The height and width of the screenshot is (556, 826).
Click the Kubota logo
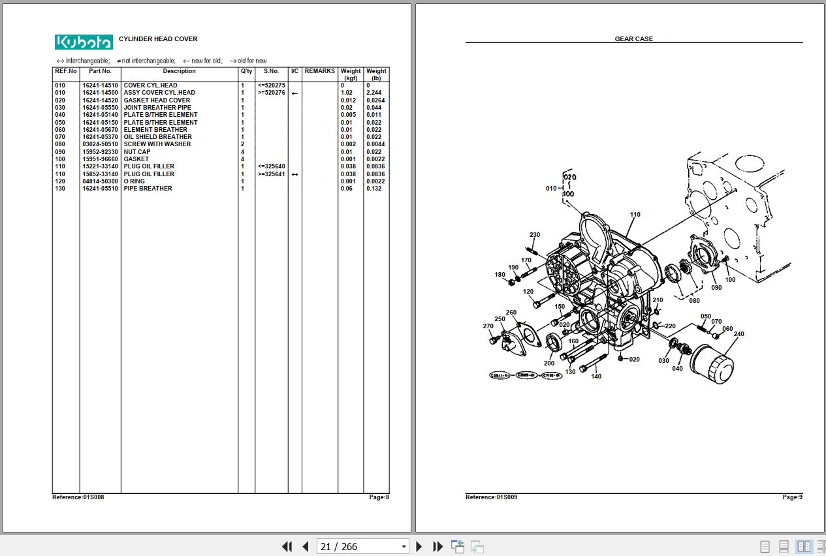click(84, 42)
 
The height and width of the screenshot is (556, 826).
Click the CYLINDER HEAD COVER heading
click(158, 39)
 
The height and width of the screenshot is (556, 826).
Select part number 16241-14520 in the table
click(100, 100)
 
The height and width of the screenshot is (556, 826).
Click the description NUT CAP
click(137, 152)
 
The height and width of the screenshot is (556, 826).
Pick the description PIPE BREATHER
click(148, 189)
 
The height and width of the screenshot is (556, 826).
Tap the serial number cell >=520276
click(271, 93)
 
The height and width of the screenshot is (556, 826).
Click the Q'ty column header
click(246, 71)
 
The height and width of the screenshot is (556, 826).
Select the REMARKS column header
click(319, 71)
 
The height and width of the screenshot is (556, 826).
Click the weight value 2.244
click(374, 93)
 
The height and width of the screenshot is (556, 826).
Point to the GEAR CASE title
click(633, 39)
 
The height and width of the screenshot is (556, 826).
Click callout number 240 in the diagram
click(739, 334)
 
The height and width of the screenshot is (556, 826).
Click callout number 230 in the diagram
click(535, 235)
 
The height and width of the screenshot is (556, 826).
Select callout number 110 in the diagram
click(635, 215)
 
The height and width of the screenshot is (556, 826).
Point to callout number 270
click(488, 326)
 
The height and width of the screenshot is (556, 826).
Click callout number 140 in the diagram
click(596, 377)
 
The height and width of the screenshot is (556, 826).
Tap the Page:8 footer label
click(379, 497)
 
